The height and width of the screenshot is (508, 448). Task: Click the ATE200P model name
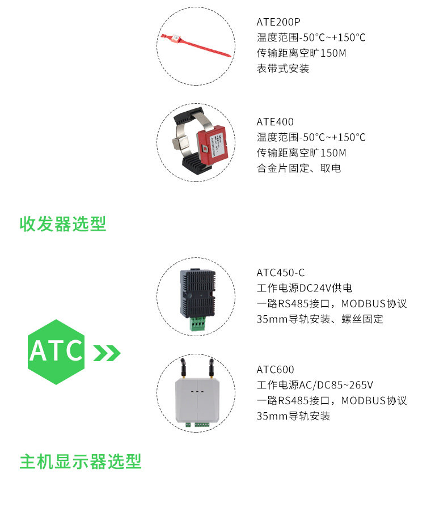(x=278, y=22)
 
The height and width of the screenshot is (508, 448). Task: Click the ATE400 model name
(x=275, y=122)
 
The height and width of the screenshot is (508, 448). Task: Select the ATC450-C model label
(x=281, y=272)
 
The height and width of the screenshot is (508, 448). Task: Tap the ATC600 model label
(x=275, y=370)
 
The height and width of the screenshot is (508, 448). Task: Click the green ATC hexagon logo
(x=56, y=352)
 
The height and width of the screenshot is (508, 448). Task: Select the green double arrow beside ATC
(x=107, y=353)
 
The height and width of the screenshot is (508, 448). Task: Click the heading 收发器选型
(x=63, y=224)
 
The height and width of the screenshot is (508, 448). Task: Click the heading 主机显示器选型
(x=81, y=462)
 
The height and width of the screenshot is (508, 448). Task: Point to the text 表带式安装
(x=283, y=69)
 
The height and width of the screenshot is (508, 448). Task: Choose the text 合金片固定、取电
(x=298, y=168)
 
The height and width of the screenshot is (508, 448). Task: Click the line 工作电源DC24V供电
(x=308, y=288)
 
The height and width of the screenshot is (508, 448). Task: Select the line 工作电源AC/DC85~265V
(x=315, y=386)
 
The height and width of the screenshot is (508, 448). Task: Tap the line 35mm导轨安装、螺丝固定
(x=320, y=319)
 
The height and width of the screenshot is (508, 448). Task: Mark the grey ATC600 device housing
(x=196, y=400)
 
